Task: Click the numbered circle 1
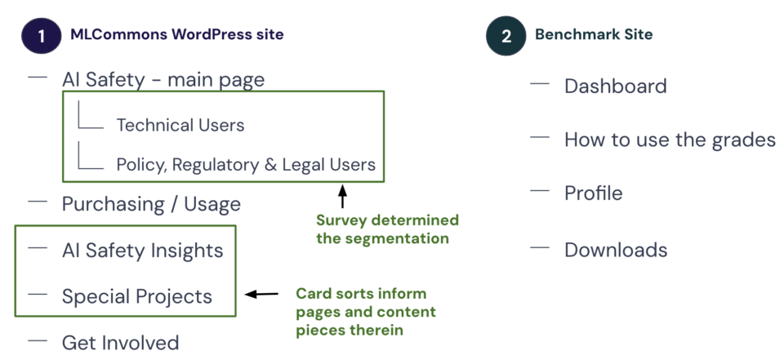tap(41, 35)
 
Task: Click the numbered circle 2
tap(506, 35)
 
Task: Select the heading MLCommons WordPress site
tap(177, 34)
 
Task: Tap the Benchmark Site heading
tap(594, 34)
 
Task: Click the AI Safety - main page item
tap(163, 79)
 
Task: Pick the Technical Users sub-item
tap(180, 125)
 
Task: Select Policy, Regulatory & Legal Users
tap(246, 165)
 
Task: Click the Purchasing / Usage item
tap(152, 204)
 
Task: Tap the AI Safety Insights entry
tap(142, 251)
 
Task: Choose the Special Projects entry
tap(137, 296)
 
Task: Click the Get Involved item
tap(121, 343)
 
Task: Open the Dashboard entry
tap(616, 86)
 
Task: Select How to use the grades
tap(670, 140)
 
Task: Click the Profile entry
tap(594, 193)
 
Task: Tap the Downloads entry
tap(616, 250)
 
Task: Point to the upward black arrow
tap(342, 197)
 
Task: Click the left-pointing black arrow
tap(261, 294)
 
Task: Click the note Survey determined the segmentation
tap(387, 229)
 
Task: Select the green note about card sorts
tap(366, 312)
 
